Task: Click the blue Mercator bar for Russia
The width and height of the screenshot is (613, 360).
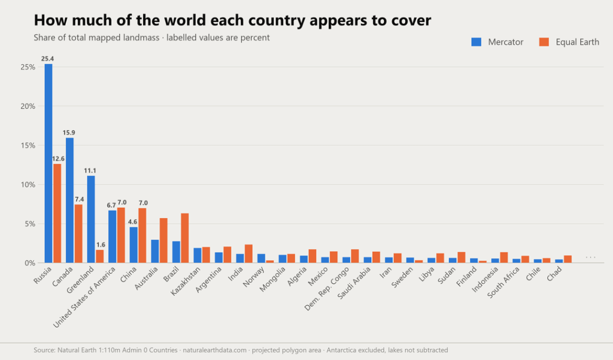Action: click(x=48, y=163)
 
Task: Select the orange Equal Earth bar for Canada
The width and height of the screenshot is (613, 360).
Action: click(x=78, y=234)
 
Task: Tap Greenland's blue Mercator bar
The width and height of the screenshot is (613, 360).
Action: click(x=91, y=219)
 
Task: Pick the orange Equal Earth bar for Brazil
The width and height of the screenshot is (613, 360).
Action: click(x=185, y=238)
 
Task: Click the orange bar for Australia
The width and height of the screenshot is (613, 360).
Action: click(x=163, y=240)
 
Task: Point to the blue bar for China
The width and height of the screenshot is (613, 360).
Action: click(x=133, y=244)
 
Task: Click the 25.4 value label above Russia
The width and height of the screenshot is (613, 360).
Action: click(x=48, y=59)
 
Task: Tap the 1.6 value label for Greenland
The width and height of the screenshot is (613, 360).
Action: click(x=101, y=245)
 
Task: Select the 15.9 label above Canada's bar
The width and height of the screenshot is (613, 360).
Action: click(x=69, y=132)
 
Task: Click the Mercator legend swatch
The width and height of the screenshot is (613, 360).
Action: click(x=476, y=42)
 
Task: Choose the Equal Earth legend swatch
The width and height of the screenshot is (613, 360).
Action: click(x=544, y=42)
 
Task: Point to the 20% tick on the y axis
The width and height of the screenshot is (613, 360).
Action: click(x=28, y=107)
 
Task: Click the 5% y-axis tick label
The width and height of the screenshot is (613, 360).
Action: click(x=30, y=224)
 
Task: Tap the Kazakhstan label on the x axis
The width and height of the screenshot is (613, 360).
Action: click(x=186, y=281)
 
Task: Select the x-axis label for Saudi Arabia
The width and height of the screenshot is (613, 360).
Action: click(x=354, y=283)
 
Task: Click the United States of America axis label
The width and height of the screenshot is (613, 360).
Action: click(x=84, y=297)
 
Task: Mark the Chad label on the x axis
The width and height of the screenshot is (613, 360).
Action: click(x=554, y=274)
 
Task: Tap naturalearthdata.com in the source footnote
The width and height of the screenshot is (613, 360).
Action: click(x=215, y=350)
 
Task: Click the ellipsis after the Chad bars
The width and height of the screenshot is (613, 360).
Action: click(x=590, y=257)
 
